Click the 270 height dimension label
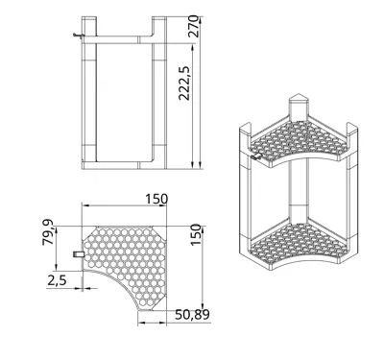193,27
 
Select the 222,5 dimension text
184,84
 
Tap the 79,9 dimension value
48,232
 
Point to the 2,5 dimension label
57,280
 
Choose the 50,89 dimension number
192,315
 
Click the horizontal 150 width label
156,199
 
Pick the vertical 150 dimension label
196,235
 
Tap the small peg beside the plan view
79,254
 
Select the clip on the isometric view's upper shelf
256,156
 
